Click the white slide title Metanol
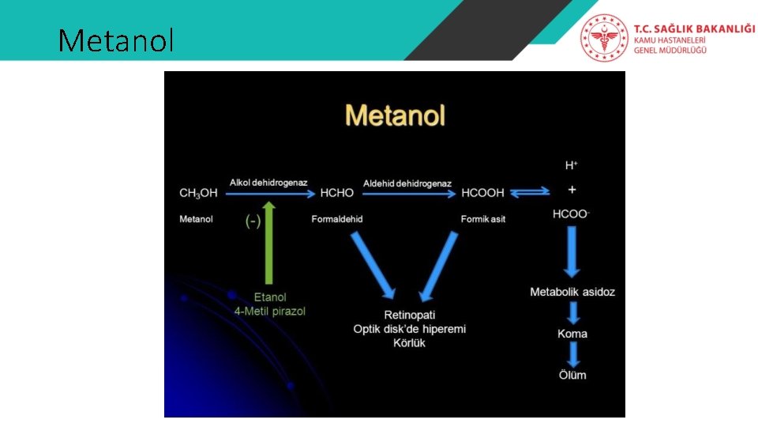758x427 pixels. pyautogui.click(x=116, y=40)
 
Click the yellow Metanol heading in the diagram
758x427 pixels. pyautogui.click(x=395, y=116)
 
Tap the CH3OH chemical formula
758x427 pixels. pyautogui.click(x=198, y=193)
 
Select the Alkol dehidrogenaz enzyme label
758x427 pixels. pyautogui.click(x=268, y=183)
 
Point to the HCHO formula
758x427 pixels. pyautogui.click(x=337, y=193)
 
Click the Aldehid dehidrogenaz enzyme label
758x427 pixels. pyautogui.click(x=407, y=183)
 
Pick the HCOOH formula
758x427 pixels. pyautogui.click(x=483, y=193)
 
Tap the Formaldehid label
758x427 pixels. pyautogui.click(x=337, y=219)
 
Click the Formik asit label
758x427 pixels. pyautogui.click(x=483, y=219)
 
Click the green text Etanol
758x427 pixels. pyautogui.click(x=270, y=297)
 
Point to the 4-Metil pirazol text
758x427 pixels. pyautogui.click(x=270, y=312)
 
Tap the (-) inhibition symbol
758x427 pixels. pyautogui.click(x=253, y=221)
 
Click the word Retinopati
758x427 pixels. pyautogui.click(x=409, y=315)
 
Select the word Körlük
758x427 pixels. pyautogui.click(x=409, y=343)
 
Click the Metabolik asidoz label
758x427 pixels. pyautogui.click(x=572, y=293)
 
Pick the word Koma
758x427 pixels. pyautogui.click(x=572, y=334)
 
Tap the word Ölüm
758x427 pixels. pyautogui.click(x=572, y=375)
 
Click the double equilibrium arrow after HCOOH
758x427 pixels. pyautogui.click(x=529, y=193)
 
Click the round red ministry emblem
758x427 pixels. pyautogui.click(x=605, y=38)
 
